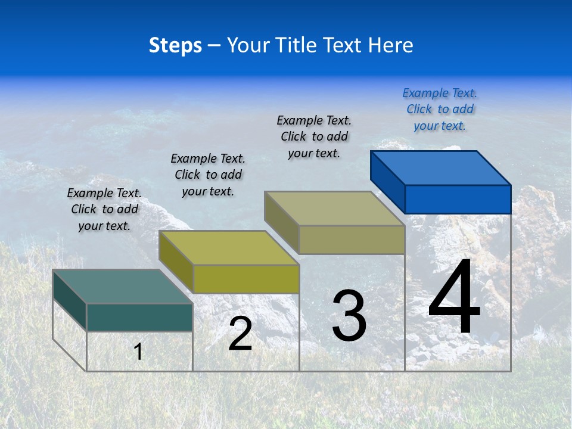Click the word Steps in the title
175,45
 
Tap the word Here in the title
390,45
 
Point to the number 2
240,334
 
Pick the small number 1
138,352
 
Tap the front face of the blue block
458,199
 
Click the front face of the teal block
139,317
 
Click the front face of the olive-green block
245,279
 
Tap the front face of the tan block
352,240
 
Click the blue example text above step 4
440,110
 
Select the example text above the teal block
104,209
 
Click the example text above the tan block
314,136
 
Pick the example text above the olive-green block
208,175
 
